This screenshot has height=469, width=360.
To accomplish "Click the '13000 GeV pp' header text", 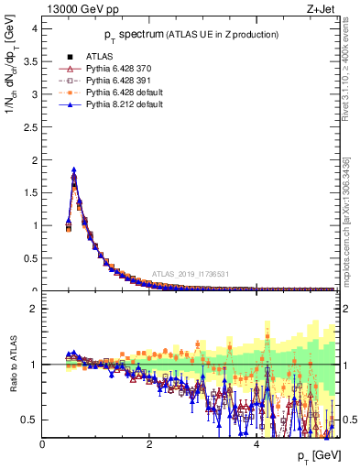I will [80, 10].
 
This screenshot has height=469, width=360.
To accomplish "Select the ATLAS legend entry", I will [100, 57].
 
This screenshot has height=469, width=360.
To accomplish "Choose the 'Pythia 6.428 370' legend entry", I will [123, 69].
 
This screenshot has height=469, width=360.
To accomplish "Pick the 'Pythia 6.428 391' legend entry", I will [123, 81].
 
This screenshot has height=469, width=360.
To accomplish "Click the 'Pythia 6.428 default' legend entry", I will [129, 93].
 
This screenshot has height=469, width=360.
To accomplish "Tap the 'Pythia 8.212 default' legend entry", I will [129, 104].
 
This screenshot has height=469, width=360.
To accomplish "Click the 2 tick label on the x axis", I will [149, 443].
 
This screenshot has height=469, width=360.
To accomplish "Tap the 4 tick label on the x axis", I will [256, 443].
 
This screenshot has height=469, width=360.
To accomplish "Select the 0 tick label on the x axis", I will [42, 443].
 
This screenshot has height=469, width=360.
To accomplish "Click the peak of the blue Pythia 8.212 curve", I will [73, 169].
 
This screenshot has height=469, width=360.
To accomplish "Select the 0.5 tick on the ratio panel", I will [29, 420].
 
